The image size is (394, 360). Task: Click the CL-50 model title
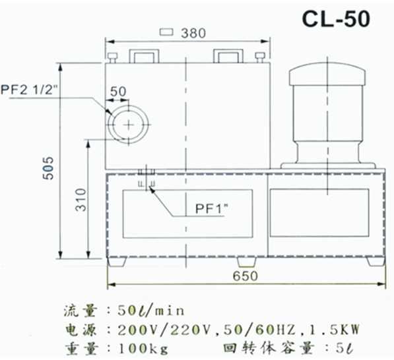click(x=336, y=19)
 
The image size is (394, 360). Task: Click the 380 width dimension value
click(x=193, y=33)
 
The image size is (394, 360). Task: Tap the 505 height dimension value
click(x=48, y=168)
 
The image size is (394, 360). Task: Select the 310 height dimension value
click(x=81, y=200)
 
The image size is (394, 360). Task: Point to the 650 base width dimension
click(x=246, y=276)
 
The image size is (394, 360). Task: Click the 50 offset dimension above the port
click(x=118, y=92)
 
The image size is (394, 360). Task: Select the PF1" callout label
click(x=212, y=208)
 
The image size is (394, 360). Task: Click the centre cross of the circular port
click(x=129, y=125)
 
